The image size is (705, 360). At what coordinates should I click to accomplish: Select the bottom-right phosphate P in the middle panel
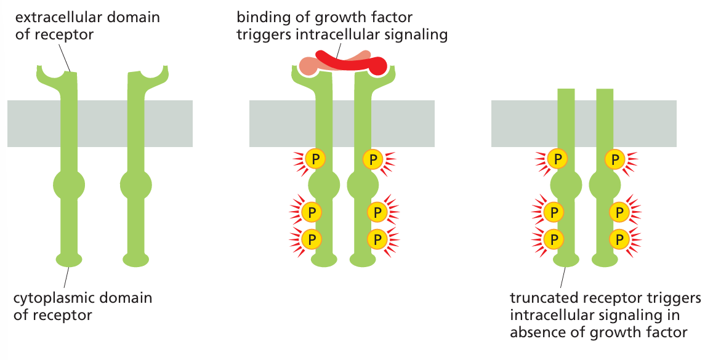[377, 238]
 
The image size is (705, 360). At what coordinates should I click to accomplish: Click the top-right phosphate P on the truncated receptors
[615, 159]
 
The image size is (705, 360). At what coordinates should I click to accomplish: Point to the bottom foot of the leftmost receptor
[69, 260]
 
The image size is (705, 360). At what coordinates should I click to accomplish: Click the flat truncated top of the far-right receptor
[605, 92]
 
